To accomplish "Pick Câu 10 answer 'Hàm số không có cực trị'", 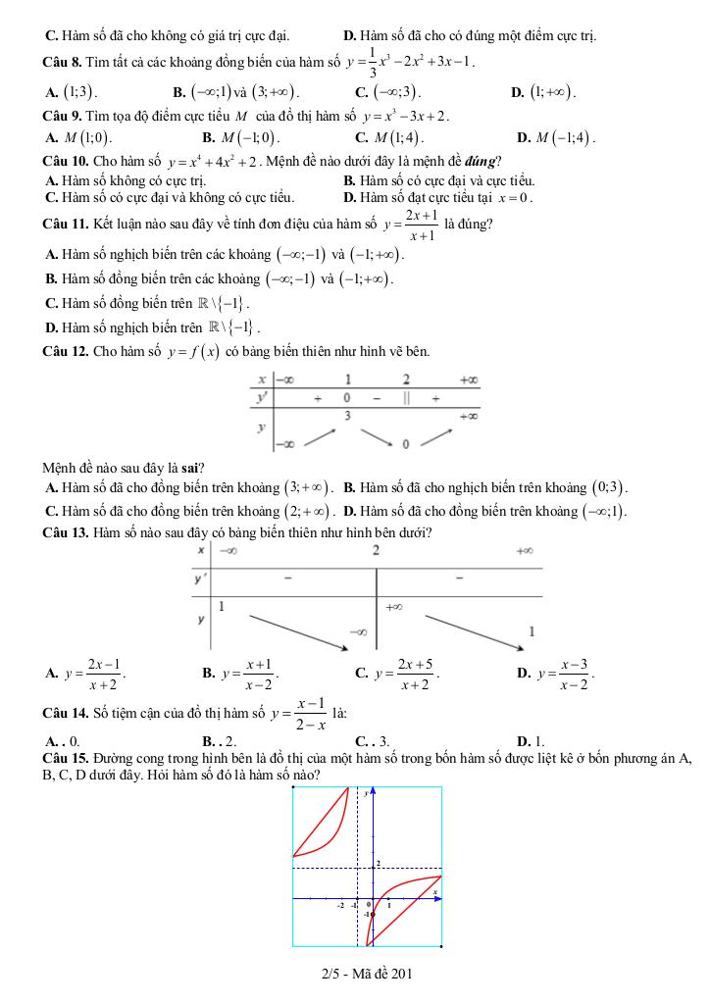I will pos(126,180).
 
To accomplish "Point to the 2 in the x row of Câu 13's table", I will pos(376,550).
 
